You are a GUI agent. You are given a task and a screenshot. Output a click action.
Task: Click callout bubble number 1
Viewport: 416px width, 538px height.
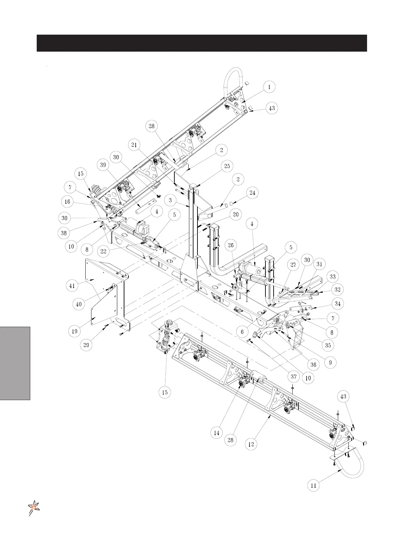click(x=269, y=87)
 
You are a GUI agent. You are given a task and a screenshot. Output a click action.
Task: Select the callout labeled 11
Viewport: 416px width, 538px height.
click(x=313, y=486)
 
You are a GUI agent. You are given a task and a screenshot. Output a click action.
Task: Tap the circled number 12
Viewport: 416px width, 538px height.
click(x=251, y=444)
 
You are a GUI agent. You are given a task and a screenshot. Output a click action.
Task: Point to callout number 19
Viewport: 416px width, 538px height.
click(x=75, y=331)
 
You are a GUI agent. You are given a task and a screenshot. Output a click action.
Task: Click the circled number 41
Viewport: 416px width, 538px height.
click(x=72, y=286)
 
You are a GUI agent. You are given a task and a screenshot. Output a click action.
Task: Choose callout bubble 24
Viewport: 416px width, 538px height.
click(x=252, y=193)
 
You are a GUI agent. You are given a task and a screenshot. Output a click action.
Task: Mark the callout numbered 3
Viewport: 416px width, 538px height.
click(x=170, y=200)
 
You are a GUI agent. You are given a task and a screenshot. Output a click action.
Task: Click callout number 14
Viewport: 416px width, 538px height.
click(x=216, y=433)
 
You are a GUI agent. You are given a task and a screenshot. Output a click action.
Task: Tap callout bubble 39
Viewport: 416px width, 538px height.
click(x=103, y=165)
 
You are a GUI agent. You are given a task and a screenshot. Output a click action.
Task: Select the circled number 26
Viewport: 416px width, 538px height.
click(x=231, y=245)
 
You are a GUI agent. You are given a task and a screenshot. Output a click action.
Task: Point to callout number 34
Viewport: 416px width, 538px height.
click(x=337, y=303)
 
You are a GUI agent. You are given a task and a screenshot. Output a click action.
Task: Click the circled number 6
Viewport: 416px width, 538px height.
click(x=242, y=332)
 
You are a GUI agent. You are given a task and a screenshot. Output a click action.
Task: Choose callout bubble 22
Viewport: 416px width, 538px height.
click(x=104, y=252)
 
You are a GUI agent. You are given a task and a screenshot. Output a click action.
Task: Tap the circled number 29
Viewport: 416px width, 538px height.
click(x=86, y=345)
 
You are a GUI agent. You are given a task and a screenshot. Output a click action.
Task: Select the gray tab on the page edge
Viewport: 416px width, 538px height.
click(x=15, y=363)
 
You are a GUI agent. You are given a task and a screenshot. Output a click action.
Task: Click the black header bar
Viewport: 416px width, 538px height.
click(x=202, y=43)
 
